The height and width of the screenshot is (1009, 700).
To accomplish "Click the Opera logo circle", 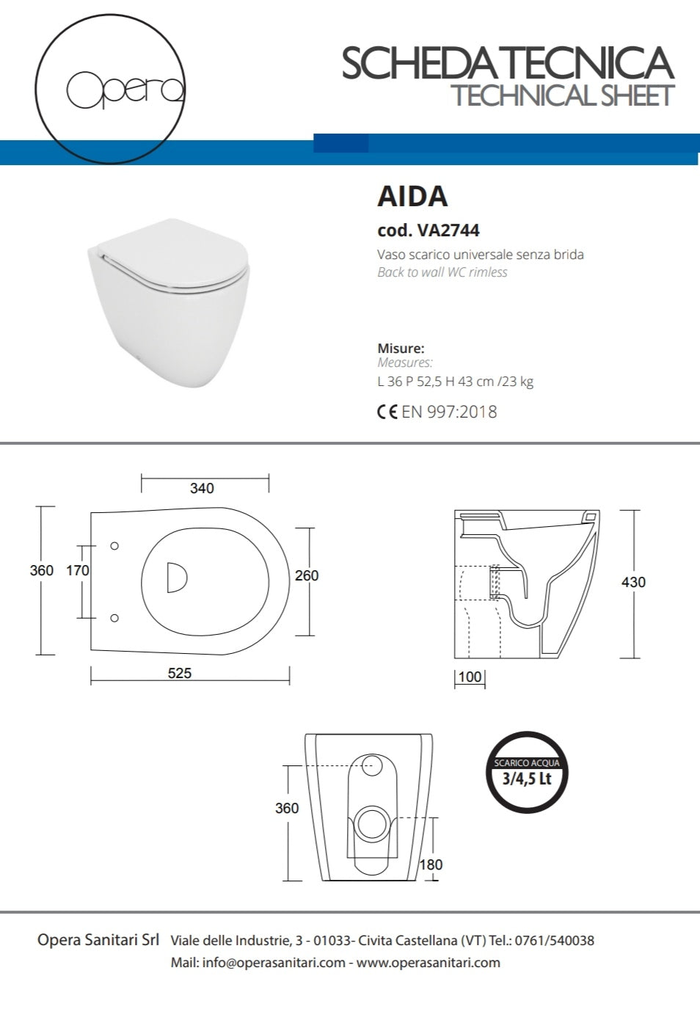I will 110,89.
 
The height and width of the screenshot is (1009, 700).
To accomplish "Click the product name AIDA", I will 412,197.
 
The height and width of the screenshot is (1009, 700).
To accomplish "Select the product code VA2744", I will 448,230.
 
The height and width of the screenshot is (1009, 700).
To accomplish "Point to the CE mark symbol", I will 387,412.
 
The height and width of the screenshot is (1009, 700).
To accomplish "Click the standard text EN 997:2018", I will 449,412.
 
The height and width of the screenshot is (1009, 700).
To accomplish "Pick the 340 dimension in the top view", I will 202,488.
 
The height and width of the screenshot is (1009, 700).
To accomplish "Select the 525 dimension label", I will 180,673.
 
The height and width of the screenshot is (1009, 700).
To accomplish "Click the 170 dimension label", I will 78,570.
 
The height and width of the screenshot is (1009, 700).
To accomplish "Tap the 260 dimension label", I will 307,575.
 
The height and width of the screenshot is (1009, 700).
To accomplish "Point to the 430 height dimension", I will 633,582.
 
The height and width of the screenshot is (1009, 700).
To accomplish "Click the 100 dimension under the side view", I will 470,677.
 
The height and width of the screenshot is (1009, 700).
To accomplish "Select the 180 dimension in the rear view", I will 431,864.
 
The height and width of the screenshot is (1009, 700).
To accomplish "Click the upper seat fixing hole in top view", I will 114,546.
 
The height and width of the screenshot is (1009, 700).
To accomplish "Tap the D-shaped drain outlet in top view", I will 176,578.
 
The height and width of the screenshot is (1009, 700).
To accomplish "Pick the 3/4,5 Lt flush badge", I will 527,773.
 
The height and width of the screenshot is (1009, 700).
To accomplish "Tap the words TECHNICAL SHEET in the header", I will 562,96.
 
